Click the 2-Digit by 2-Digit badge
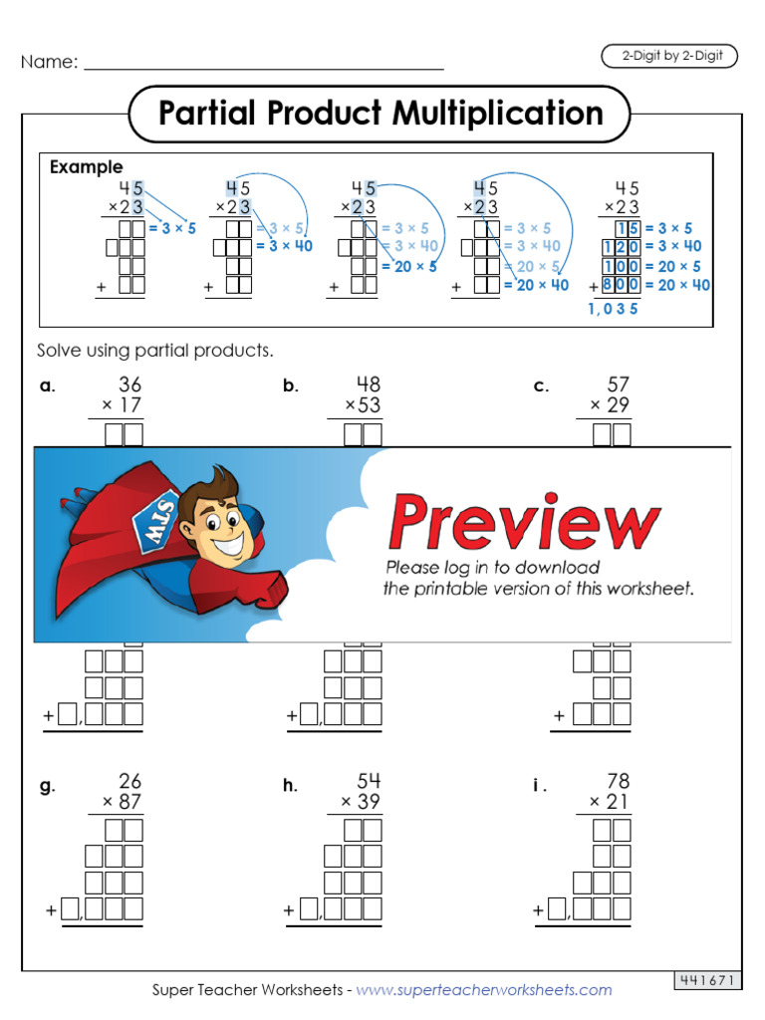click(669, 57)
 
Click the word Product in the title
click(325, 114)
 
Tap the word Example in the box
click(87, 167)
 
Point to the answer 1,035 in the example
click(613, 309)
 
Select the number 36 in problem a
click(129, 384)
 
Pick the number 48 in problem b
click(369, 384)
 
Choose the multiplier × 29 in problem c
click(609, 405)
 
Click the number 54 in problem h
click(369, 781)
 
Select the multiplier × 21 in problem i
click(609, 802)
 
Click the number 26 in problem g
click(129, 781)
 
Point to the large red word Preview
click(524, 522)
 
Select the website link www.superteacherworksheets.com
click(484, 990)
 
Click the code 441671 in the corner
click(708, 981)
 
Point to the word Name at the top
click(49, 62)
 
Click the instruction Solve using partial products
click(154, 351)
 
